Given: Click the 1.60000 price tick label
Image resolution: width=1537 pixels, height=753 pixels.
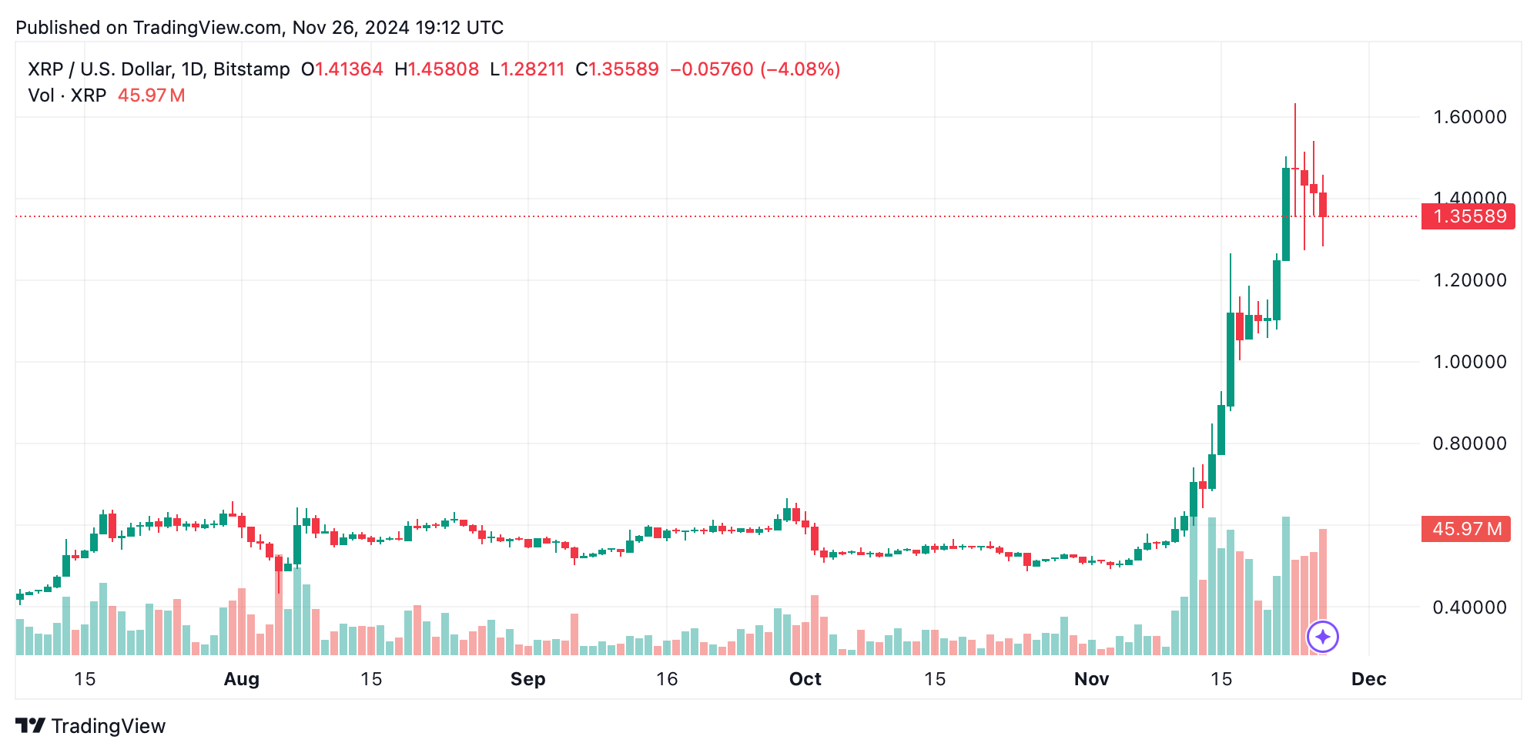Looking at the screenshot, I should click(x=1469, y=117).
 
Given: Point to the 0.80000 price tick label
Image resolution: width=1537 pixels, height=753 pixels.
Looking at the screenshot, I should click(x=1469, y=443).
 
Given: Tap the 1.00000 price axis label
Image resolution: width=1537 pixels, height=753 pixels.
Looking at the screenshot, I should click(x=1469, y=362).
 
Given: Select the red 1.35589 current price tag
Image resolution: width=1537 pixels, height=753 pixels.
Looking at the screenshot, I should click(x=1468, y=216).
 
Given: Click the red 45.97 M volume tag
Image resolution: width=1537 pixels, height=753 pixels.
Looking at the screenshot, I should click(x=1465, y=529).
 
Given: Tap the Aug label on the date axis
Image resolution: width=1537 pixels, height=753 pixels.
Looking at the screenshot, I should click(x=241, y=679).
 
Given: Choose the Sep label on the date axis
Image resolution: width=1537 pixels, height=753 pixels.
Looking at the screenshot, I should click(x=527, y=679).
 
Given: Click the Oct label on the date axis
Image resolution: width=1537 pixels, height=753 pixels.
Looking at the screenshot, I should click(x=805, y=679).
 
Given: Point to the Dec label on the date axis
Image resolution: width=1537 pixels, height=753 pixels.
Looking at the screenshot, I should click(x=1368, y=679).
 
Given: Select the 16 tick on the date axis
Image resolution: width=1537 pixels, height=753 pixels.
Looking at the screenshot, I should click(x=667, y=679).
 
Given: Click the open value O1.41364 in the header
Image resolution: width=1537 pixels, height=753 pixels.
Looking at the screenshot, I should click(x=342, y=69).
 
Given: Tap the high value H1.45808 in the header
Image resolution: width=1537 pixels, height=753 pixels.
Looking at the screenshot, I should click(x=437, y=69).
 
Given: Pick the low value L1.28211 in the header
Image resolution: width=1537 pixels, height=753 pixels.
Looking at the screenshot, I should click(x=527, y=69).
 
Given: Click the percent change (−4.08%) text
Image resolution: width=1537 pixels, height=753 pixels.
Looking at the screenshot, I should click(x=800, y=69).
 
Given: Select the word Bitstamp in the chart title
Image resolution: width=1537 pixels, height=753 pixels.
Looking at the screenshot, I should click(x=251, y=69).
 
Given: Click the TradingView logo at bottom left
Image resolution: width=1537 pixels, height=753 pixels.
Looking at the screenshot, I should click(x=91, y=726).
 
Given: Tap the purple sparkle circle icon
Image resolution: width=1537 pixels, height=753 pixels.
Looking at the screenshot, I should click(x=1323, y=637).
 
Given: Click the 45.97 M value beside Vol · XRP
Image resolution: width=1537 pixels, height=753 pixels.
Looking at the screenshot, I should click(x=151, y=95).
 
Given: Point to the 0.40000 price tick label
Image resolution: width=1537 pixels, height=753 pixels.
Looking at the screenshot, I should click(x=1469, y=607).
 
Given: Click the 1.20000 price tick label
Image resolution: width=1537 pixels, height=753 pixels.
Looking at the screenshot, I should click(x=1469, y=280).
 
